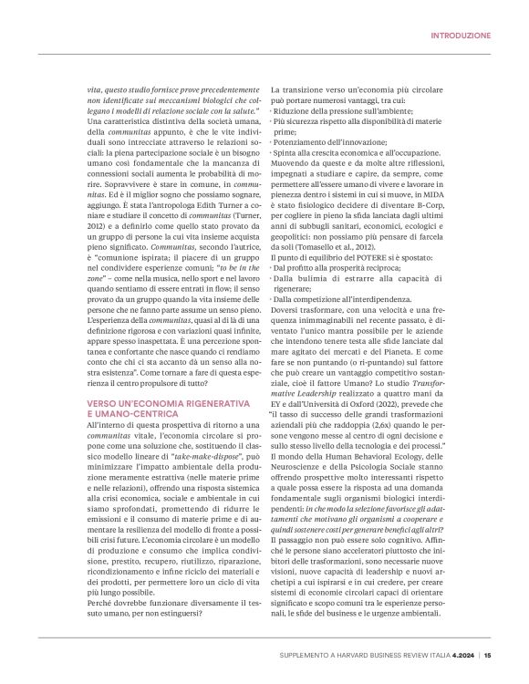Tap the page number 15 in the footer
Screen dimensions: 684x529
(x=488, y=654)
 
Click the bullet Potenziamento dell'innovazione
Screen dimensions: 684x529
(x=332, y=142)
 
